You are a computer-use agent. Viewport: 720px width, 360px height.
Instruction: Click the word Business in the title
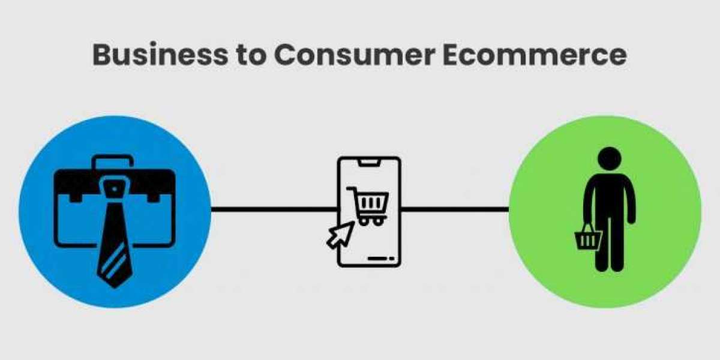157,55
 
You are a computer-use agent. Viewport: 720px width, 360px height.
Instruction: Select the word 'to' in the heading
248,55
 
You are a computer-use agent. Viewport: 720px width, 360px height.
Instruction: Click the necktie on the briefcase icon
115,240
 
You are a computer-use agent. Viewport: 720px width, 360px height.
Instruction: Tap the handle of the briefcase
114,160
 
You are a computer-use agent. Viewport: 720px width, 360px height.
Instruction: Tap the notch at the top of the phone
368,163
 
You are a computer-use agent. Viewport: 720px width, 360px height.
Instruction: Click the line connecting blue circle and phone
273,209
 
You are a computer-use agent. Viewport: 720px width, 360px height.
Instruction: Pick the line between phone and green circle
454,209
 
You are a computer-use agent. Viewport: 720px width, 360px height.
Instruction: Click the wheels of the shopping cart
370,223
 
